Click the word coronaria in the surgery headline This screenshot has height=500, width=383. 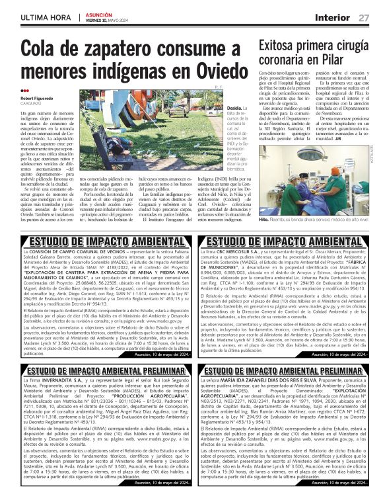click(x=287, y=60)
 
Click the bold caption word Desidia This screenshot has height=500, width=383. click(x=217, y=106)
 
